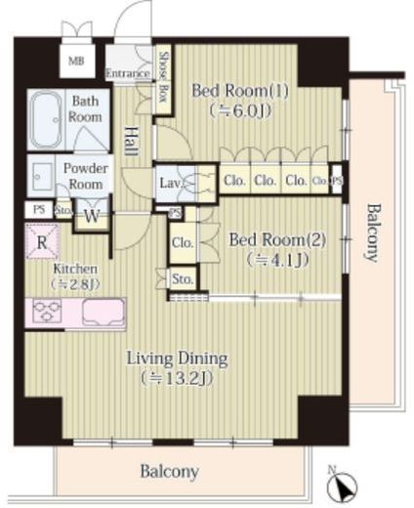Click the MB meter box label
[x=76, y=61]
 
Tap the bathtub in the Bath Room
[x=46, y=119]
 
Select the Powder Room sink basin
[x=42, y=177]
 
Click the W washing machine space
[x=92, y=216]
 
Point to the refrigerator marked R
[x=42, y=242]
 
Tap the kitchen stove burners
[x=48, y=311]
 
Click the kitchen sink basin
[x=103, y=313]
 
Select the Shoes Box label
[x=163, y=77]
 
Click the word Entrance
[x=128, y=73]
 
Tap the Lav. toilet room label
[x=171, y=183]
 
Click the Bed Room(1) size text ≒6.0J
[x=240, y=111]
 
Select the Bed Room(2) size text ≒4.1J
[x=277, y=260]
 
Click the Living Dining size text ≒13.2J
[x=177, y=379]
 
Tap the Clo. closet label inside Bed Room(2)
[x=183, y=242]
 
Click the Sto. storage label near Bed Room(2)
[x=183, y=279]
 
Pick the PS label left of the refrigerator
[x=39, y=209]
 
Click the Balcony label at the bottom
[x=170, y=472]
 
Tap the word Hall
[x=132, y=141]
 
